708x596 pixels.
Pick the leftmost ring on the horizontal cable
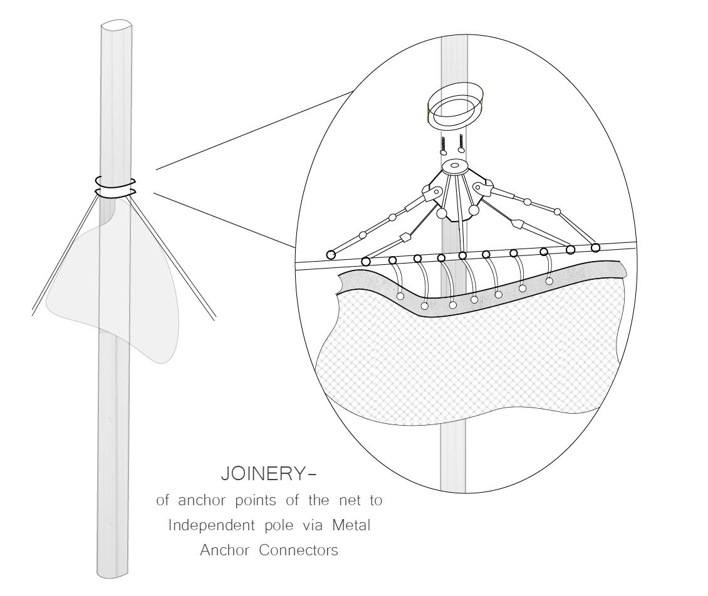[x=331, y=254]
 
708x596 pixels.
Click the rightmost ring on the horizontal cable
[x=595, y=248]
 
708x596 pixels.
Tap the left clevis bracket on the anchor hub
[x=432, y=193]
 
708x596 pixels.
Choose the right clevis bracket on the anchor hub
[x=482, y=187]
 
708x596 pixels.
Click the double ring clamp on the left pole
[x=115, y=187]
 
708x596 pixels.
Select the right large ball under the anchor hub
[x=473, y=210]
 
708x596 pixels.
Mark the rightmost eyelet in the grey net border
[x=549, y=281]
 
